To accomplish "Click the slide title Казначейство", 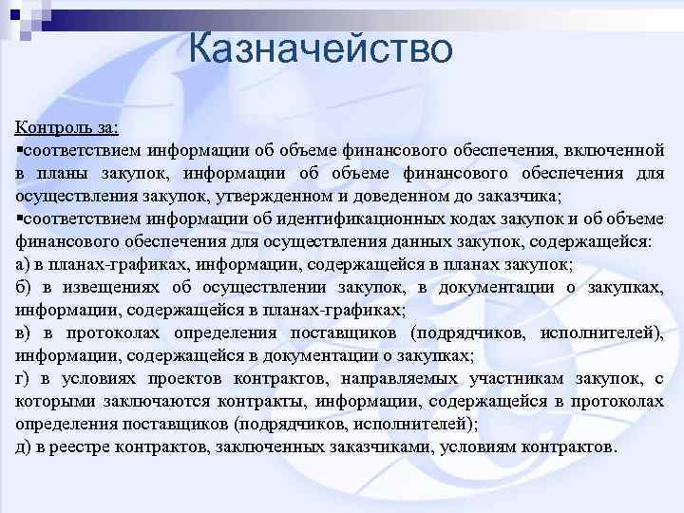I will click(320, 48).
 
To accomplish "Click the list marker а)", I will click(24, 265).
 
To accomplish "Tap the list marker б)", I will click(24, 288).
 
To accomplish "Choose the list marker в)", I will click(24, 333).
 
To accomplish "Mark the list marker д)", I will click(24, 447).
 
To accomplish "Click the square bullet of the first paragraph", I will click(19, 150).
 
